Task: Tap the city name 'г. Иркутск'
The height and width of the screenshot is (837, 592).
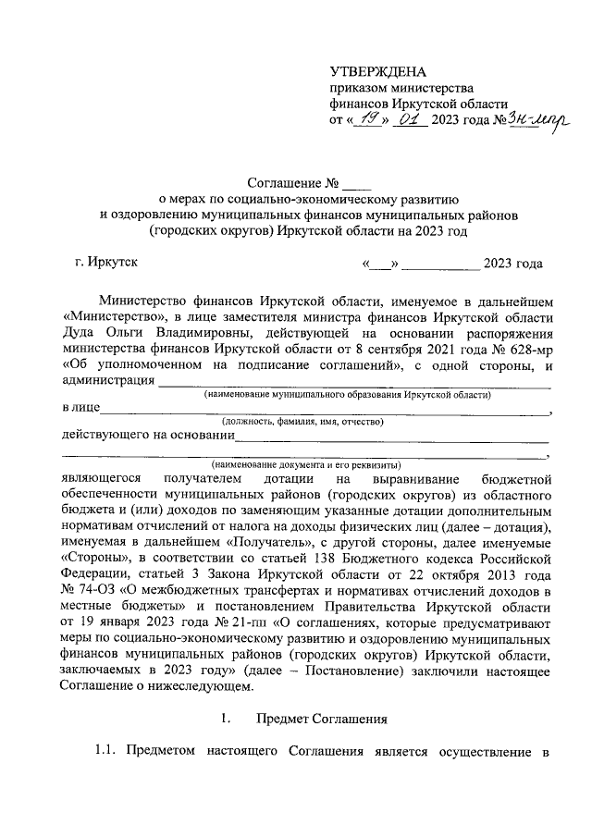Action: coord(106,263)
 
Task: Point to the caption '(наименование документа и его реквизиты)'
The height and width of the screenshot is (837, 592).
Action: coord(305,463)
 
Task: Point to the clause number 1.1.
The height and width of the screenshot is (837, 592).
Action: coord(107,751)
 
